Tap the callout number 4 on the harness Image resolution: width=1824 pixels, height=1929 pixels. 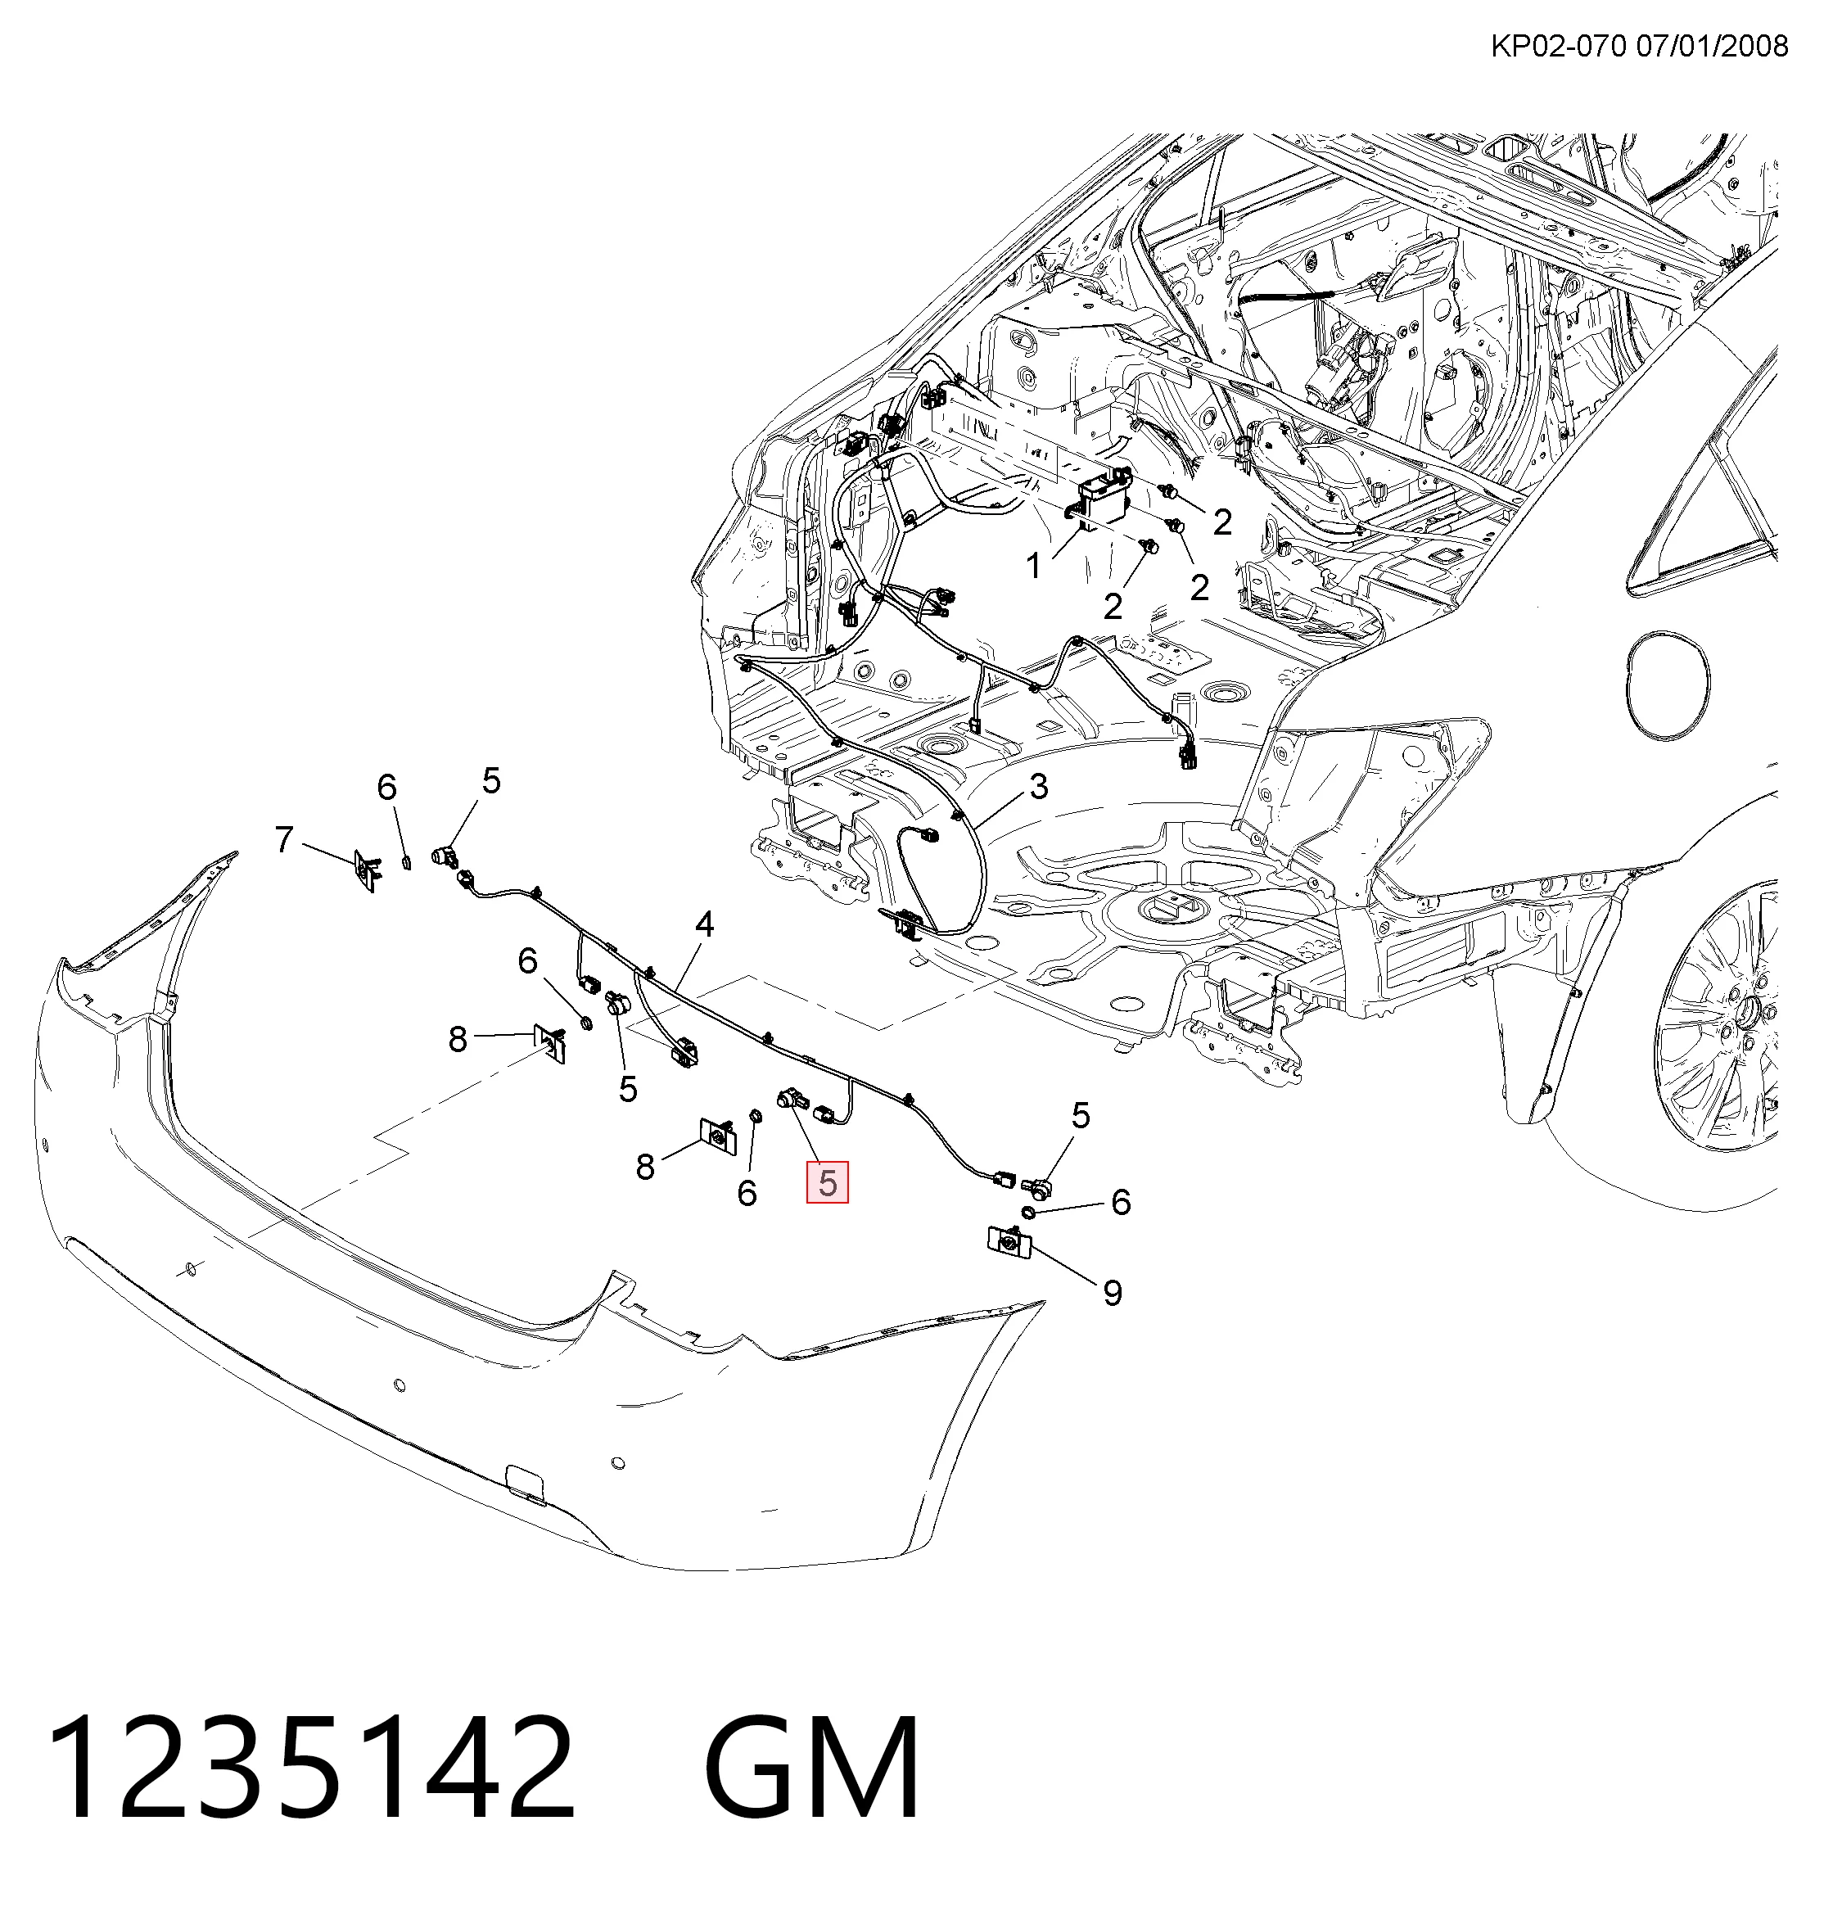(704, 924)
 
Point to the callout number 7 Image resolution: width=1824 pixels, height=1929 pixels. (284, 839)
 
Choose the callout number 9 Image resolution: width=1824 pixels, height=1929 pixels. (1113, 1293)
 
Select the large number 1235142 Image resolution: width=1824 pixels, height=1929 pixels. (311, 1767)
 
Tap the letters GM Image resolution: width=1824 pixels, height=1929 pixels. (812, 1767)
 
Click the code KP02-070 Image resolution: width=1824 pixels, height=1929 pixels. (1559, 46)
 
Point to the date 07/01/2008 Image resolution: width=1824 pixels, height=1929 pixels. (1712, 46)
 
